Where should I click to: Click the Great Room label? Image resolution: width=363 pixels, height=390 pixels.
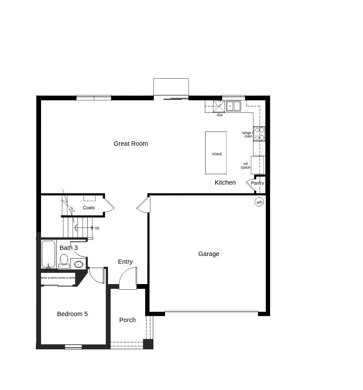(131, 144)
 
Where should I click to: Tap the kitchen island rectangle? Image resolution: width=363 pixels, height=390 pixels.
(216, 153)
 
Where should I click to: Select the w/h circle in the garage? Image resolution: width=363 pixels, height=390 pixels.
(259, 202)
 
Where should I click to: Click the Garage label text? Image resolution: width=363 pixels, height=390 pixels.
(209, 254)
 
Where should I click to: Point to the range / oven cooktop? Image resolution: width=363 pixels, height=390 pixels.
(259, 134)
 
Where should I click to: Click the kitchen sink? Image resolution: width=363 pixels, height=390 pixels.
(233, 106)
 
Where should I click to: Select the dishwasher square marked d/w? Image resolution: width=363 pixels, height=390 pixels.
(219, 106)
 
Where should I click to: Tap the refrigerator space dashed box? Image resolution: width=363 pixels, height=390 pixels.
(258, 165)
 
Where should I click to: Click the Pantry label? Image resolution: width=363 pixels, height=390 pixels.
(258, 183)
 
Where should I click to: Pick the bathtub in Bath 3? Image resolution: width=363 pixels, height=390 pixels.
(48, 254)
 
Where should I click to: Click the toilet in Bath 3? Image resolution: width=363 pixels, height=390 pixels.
(64, 261)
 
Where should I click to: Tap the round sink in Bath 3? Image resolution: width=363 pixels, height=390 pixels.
(78, 264)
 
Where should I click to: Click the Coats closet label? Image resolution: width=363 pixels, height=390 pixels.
(89, 208)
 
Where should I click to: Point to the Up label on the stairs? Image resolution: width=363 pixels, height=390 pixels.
(97, 228)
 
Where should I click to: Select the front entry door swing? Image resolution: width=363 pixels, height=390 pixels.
(128, 279)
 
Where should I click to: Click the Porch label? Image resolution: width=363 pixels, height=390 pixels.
(127, 320)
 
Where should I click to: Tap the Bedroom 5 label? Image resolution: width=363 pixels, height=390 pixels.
(72, 314)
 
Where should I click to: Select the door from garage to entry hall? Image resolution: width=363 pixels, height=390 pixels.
(144, 205)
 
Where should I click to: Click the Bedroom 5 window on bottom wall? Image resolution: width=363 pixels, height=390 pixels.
(73, 347)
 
